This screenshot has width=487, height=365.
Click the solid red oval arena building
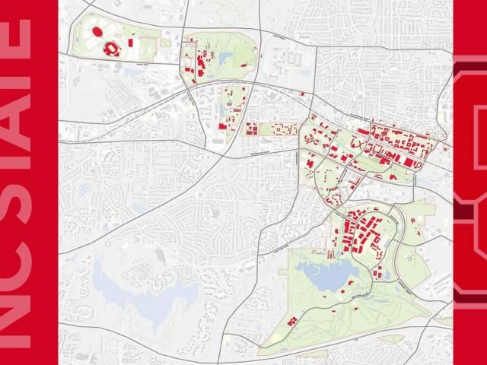click(98, 33)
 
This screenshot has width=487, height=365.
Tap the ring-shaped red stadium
click(112, 48)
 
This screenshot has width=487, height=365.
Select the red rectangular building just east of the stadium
click(130, 43)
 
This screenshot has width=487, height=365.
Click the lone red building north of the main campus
click(302, 95)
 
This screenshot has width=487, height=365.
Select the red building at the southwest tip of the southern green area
click(291, 322)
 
